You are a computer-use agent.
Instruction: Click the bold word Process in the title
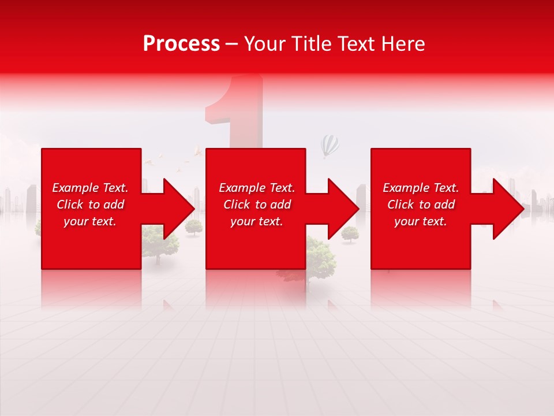(181, 44)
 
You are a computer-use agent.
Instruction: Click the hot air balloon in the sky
(330, 146)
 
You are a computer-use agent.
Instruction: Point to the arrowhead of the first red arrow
(179, 209)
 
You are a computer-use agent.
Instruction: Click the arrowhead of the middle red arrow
(343, 209)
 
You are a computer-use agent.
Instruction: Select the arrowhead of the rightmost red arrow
(508, 209)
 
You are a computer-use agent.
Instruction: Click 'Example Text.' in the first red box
(90, 188)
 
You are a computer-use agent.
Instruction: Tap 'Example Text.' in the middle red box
(257, 188)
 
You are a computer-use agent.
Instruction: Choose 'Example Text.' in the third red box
(421, 188)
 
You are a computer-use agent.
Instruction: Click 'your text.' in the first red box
(90, 221)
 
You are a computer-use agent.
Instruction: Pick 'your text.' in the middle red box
(257, 221)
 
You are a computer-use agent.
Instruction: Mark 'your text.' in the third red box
(421, 221)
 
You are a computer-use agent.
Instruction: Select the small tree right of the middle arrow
(350, 233)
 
